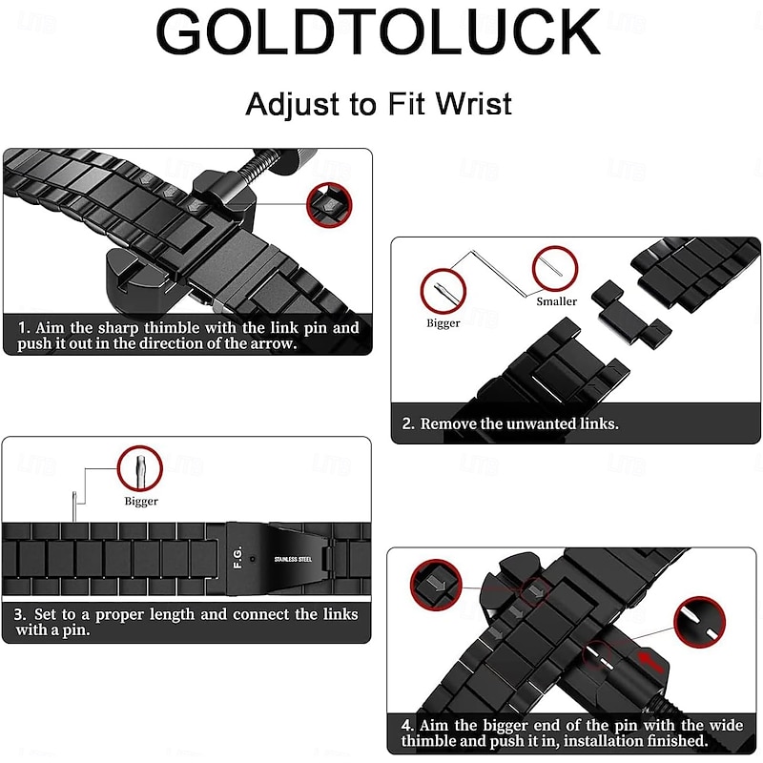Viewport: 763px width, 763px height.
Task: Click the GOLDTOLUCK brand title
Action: coord(378,32)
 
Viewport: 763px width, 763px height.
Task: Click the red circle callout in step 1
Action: coord(329,205)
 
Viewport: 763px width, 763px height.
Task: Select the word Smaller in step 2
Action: coord(557,301)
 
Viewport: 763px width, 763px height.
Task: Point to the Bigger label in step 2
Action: coord(443,323)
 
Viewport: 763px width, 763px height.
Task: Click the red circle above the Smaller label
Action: coord(555,269)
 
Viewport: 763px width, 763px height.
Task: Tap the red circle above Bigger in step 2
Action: coord(443,291)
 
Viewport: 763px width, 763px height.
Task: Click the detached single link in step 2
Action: coord(630,313)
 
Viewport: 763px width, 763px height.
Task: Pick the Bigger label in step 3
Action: coord(141,502)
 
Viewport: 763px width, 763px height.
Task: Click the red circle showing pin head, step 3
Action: coord(140,468)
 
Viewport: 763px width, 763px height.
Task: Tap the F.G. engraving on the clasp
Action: coord(237,558)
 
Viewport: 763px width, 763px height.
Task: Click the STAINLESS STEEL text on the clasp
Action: coord(293,559)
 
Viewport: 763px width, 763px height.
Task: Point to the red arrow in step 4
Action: coord(651,661)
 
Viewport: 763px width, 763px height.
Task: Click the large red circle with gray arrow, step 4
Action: coord(436,585)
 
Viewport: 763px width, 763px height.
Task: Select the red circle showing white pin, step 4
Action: coord(700,622)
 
